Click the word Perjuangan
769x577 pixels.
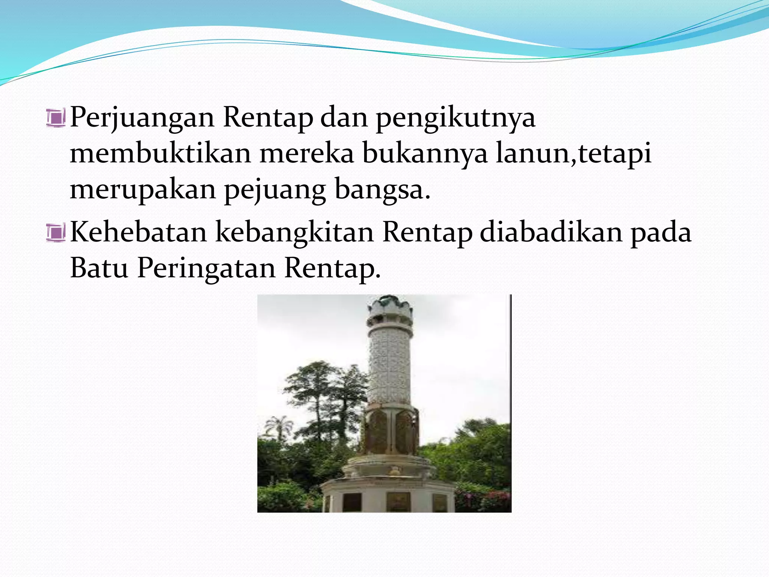click(x=142, y=118)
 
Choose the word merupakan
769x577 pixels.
click(x=143, y=190)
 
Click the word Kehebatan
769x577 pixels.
click(x=139, y=232)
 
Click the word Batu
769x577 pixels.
click(x=99, y=268)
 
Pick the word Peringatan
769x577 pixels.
click(x=206, y=269)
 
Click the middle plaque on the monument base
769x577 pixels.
click(x=398, y=501)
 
